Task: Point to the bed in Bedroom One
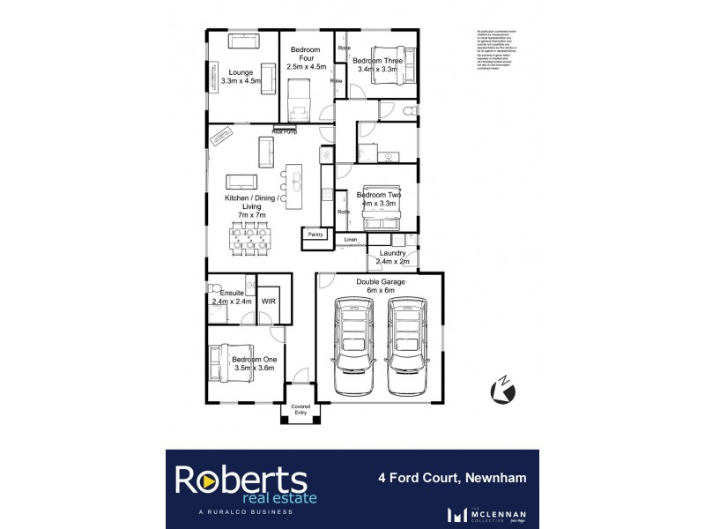pyautogui.click(x=228, y=363)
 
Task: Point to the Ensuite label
pyautogui.click(x=232, y=292)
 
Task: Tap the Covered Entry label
pyautogui.click(x=301, y=410)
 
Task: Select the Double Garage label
pyautogui.click(x=380, y=282)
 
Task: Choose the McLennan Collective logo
pyautogui.click(x=483, y=513)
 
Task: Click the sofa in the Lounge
pyautogui.click(x=244, y=41)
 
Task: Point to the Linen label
pyautogui.click(x=350, y=239)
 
